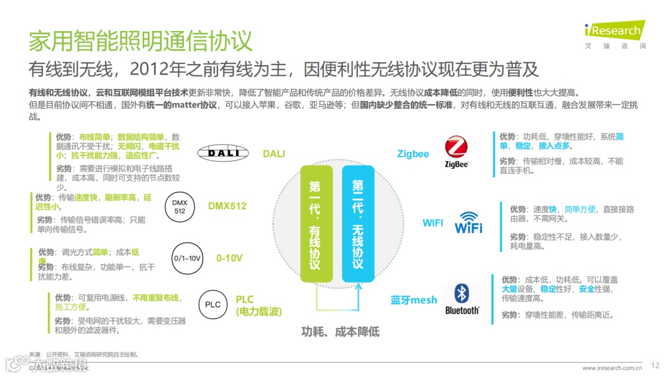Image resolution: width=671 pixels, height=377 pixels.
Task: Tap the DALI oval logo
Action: click(222, 153)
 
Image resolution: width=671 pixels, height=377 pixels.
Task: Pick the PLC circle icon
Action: click(212, 304)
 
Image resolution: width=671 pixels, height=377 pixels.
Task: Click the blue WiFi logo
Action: click(468, 223)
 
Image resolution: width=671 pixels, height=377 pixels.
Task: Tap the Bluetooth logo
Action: click(462, 299)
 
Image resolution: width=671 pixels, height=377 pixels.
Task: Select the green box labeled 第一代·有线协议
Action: click(315, 224)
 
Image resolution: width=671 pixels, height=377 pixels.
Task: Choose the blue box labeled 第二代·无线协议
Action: click(358, 224)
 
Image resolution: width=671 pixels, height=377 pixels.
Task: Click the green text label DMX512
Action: click(227, 206)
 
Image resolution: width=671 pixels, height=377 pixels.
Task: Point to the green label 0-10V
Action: click(229, 258)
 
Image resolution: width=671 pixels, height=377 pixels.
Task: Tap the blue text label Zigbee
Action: click(413, 153)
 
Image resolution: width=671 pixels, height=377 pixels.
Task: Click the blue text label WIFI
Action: click(433, 223)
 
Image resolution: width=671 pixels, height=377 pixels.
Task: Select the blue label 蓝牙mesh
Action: click(414, 300)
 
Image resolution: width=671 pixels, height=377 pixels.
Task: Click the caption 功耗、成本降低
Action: click(340, 331)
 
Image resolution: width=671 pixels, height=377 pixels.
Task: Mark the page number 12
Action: click(655, 365)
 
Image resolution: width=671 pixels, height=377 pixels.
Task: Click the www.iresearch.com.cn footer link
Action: click(611, 368)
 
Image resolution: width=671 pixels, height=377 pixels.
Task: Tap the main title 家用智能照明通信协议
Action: click(140, 41)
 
